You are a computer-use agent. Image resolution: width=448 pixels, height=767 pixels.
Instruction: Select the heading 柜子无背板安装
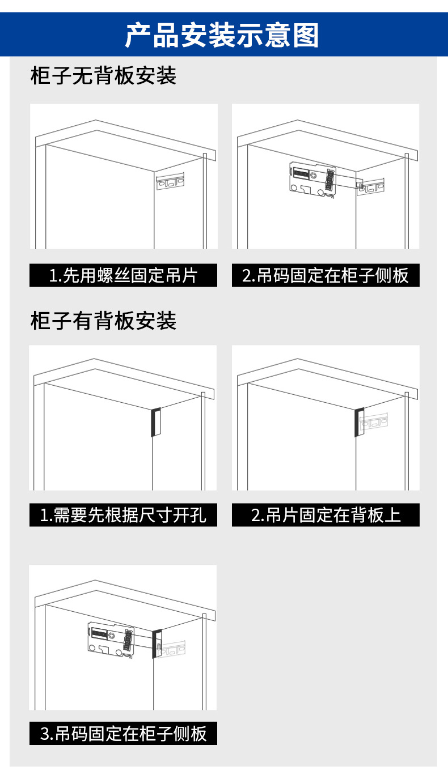103,75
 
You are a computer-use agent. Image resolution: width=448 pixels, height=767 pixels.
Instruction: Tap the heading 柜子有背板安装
103,321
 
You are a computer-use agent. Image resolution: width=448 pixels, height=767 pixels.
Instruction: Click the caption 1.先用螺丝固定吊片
123,276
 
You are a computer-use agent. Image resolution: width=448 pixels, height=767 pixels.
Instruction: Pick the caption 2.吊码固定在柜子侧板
326,276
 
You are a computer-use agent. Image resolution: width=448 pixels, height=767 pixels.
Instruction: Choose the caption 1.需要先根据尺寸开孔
123,515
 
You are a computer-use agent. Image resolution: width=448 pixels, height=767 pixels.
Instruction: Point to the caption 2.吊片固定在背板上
326,515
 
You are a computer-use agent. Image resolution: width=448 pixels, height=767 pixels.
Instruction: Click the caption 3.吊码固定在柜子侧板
123,734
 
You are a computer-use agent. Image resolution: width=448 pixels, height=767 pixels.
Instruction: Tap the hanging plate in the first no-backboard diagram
171,183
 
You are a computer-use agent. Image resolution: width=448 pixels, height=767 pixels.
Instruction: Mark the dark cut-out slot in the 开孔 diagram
154,422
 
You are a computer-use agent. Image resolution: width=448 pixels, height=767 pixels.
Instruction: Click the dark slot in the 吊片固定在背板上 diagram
358,422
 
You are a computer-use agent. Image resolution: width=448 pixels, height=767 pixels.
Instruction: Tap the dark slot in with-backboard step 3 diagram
157,644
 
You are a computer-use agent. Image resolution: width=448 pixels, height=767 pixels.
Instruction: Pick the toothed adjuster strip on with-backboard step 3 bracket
128,641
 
